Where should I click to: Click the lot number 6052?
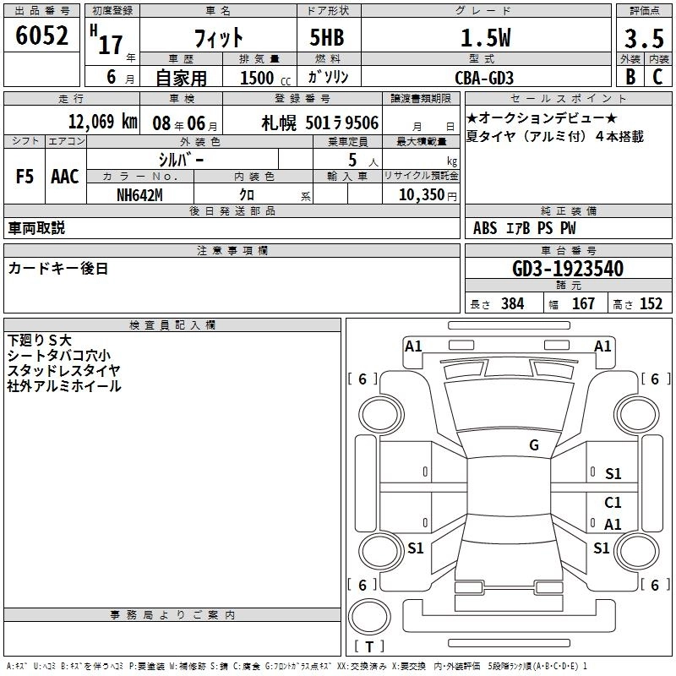(41, 35)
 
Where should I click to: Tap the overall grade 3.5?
(644, 38)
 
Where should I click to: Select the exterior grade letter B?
(630, 77)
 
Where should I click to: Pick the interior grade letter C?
(657, 77)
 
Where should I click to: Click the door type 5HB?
(327, 37)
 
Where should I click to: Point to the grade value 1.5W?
(485, 38)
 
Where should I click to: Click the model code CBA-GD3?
(484, 78)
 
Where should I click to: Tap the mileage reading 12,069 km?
(103, 122)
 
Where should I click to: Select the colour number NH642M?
(139, 195)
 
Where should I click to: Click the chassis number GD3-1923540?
(568, 269)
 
